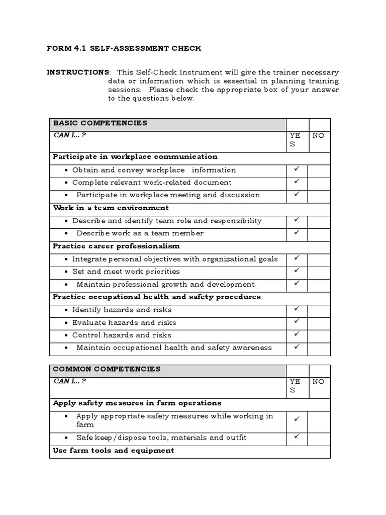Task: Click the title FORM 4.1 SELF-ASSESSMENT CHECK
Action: (124, 48)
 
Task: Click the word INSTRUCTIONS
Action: (77, 72)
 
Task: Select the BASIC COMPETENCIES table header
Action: (100, 123)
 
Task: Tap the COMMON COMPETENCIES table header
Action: (107, 369)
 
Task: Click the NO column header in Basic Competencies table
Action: (319, 135)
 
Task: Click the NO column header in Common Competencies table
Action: (319, 382)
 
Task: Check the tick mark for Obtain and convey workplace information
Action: (297, 169)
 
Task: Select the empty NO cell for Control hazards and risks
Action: (319, 335)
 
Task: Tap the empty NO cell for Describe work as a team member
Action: (319, 233)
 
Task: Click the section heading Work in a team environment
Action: (111, 208)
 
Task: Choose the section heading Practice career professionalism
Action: (116, 246)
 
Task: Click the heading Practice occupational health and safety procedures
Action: (157, 297)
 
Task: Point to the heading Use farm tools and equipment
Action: (114, 450)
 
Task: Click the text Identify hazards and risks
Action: (122, 310)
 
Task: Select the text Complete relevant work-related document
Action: (152, 183)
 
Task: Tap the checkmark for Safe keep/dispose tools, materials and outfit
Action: (297, 437)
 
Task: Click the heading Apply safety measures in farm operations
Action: (137, 403)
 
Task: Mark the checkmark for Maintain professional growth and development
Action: (297, 283)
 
